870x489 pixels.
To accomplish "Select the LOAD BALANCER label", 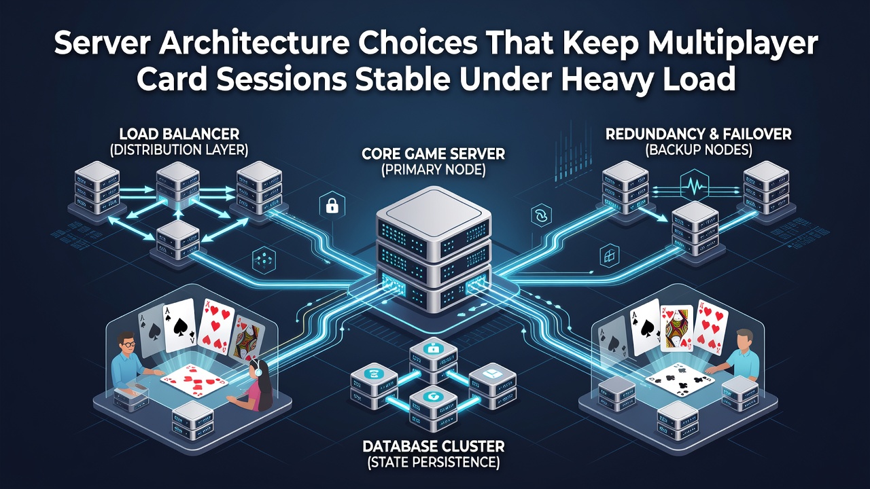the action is tap(179, 134).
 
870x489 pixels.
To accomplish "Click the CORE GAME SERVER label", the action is tap(434, 154).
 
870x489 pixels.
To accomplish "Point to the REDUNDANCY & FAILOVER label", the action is tap(698, 134).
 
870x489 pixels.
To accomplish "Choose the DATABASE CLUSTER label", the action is tap(434, 447).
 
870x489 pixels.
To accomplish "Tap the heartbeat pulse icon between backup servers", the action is tap(695, 187).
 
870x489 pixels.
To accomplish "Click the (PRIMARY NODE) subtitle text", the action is tap(434, 170).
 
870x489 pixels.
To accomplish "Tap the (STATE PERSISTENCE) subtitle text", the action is tap(434, 463).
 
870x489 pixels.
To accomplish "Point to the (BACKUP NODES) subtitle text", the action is tap(698, 150).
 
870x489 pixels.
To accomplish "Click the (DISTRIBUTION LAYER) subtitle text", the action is tap(179, 150).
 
